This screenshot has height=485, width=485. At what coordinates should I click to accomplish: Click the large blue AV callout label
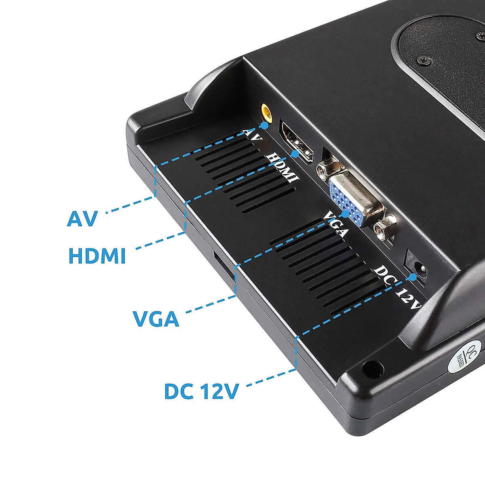82,219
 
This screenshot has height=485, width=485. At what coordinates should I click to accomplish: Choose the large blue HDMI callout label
97,256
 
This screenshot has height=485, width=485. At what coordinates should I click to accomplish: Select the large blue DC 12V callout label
201,391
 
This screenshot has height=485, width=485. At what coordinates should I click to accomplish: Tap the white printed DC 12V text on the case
399,287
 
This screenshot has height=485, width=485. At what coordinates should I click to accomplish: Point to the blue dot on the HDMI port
295,154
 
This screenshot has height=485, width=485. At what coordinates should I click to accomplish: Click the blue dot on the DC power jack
413,277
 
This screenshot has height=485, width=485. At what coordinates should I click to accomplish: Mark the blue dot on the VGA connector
346,213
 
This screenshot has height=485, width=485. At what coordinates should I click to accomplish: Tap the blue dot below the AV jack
264,125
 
